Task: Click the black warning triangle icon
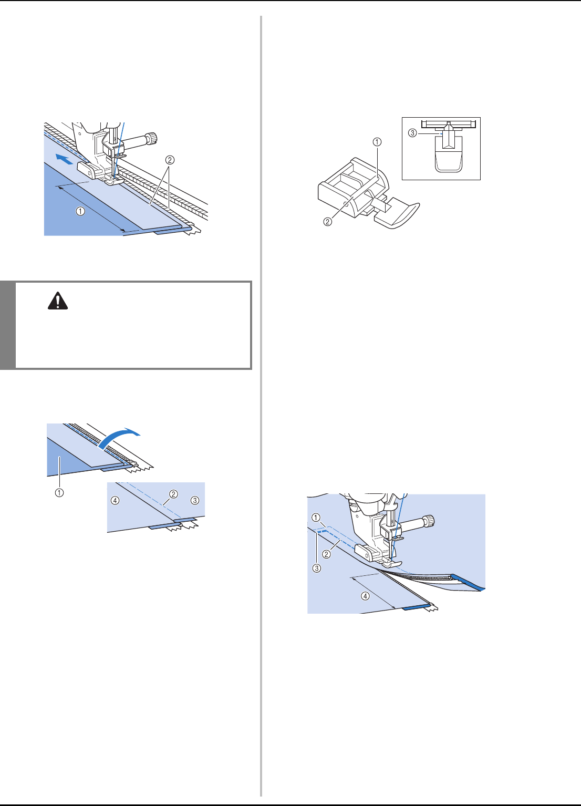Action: point(58,299)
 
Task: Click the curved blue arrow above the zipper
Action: point(120,436)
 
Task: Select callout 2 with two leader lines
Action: point(170,160)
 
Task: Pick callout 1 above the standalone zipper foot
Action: point(377,141)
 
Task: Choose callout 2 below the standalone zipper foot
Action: point(328,221)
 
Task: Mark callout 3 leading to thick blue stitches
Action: point(317,568)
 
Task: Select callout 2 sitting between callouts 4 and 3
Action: point(174,494)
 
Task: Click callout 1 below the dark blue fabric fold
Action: point(60,493)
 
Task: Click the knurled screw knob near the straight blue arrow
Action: point(151,138)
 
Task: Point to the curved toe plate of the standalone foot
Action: point(402,215)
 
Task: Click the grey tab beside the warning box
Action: point(7,325)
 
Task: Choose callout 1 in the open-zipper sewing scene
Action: point(316,518)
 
